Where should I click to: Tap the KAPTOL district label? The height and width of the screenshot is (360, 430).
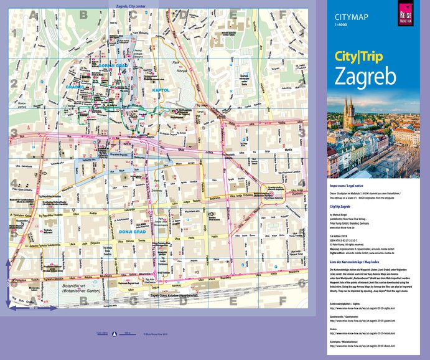tap(160, 91)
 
